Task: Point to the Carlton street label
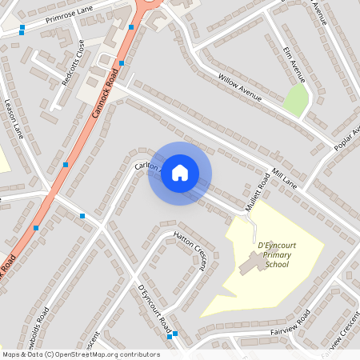tap(149, 165)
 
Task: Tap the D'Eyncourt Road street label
tap(155, 307)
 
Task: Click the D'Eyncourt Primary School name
tap(273, 255)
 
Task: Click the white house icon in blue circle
tap(180, 173)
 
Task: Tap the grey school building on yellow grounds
tap(251, 263)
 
